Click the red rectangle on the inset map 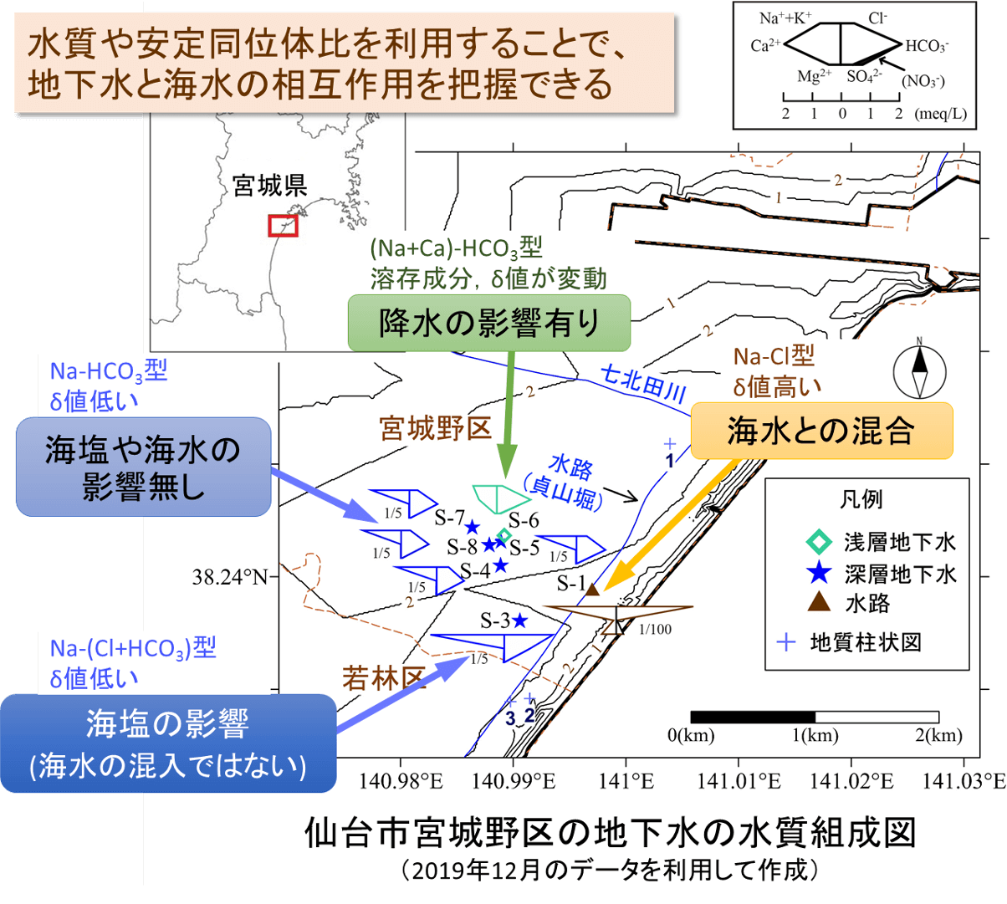pyautogui.click(x=283, y=226)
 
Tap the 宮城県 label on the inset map pyautogui.click(x=269, y=186)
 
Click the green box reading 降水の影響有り pyautogui.click(x=488, y=323)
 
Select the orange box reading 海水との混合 pyautogui.click(x=821, y=431)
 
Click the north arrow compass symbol pyautogui.click(x=919, y=372)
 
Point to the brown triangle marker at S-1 pyautogui.click(x=591, y=590)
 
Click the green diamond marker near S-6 pyautogui.click(x=503, y=534)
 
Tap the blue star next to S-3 pyautogui.click(x=519, y=621)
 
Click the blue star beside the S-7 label pyautogui.click(x=473, y=526)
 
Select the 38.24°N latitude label pyautogui.click(x=230, y=577)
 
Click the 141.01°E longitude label pyautogui.click(x=739, y=781)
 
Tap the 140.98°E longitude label pyautogui.click(x=400, y=781)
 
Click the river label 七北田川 pyautogui.click(x=644, y=384)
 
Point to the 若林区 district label pyautogui.click(x=384, y=678)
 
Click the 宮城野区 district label pyautogui.click(x=436, y=428)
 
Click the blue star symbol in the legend pyautogui.click(x=819, y=573)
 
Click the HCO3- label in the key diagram pyautogui.click(x=927, y=46)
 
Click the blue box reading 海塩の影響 pyautogui.click(x=168, y=743)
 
